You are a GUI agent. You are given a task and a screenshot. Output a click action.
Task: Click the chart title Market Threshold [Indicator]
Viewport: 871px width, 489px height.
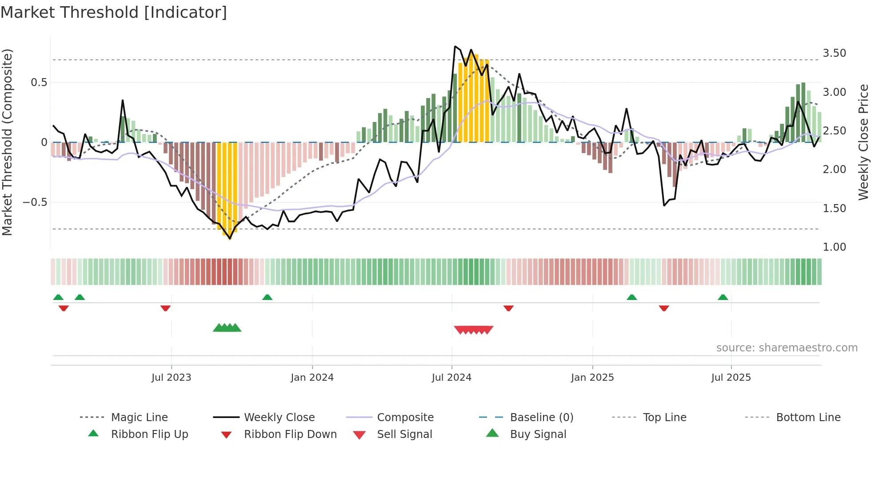(x=114, y=12)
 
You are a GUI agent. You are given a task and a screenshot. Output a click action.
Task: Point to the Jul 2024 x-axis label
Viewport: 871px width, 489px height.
(x=451, y=377)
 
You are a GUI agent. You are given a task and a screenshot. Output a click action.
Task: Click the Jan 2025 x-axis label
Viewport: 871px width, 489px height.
(x=592, y=377)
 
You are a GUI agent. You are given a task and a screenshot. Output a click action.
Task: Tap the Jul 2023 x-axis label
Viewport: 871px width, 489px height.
(x=171, y=377)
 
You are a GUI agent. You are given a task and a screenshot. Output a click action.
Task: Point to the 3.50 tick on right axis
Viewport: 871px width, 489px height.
(x=834, y=53)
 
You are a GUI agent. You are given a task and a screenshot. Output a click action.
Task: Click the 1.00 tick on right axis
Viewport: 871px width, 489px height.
(x=834, y=247)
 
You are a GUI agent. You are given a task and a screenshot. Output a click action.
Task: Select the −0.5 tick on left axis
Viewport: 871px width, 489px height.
(x=35, y=202)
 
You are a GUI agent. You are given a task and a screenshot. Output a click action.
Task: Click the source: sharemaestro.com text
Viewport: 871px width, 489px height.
(x=787, y=347)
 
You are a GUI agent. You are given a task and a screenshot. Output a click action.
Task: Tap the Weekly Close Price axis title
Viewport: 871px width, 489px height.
(x=863, y=142)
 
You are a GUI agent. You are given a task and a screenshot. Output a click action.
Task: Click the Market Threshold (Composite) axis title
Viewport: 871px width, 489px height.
(x=7, y=142)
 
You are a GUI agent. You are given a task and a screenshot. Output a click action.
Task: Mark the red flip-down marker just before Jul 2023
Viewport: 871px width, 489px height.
(x=165, y=308)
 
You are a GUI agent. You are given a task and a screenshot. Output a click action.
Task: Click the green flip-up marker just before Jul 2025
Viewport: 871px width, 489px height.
(x=723, y=297)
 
